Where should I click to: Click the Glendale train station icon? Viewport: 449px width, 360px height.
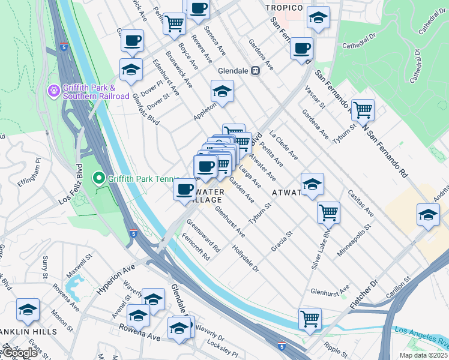coord(255,70)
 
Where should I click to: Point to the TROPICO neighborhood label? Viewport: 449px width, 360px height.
coord(284,7)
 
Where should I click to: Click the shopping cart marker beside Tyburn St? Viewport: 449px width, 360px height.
coord(363,110)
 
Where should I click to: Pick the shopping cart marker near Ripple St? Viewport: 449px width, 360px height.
coord(310,319)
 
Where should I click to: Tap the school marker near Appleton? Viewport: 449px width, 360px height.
coord(222,92)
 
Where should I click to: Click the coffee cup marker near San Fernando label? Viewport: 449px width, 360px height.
coord(301,48)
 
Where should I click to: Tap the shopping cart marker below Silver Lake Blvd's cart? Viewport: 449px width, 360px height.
coord(310,319)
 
